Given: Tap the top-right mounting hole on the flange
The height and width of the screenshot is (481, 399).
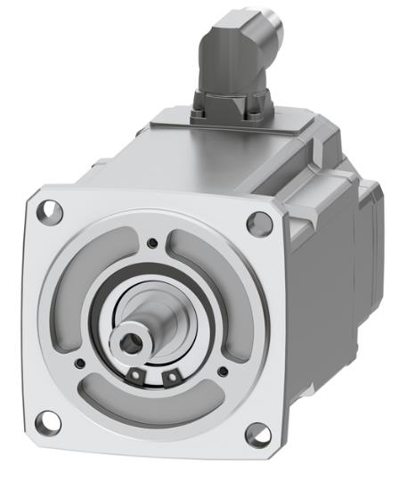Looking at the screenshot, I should point(259,223).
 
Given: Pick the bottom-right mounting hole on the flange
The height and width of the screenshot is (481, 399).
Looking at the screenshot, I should point(256,436).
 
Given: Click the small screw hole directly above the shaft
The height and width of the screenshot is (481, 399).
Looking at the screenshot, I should point(153,243).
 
